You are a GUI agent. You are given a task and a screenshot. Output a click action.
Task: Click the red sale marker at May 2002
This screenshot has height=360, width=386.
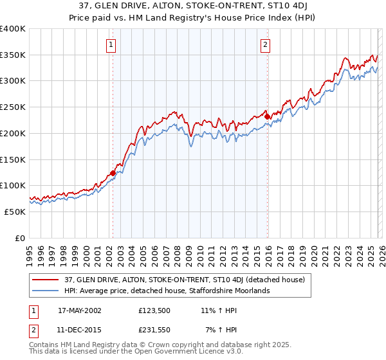(x=113, y=172)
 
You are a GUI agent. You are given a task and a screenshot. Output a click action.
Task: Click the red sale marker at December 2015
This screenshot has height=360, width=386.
(x=268, y=116)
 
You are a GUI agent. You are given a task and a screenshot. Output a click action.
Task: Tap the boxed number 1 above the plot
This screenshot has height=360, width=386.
(x=112, y=45)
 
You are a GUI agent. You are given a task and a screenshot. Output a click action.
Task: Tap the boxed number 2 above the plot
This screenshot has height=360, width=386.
(x=265, y=45)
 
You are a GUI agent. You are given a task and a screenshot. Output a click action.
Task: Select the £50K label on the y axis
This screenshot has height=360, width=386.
(x=15, y=212)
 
